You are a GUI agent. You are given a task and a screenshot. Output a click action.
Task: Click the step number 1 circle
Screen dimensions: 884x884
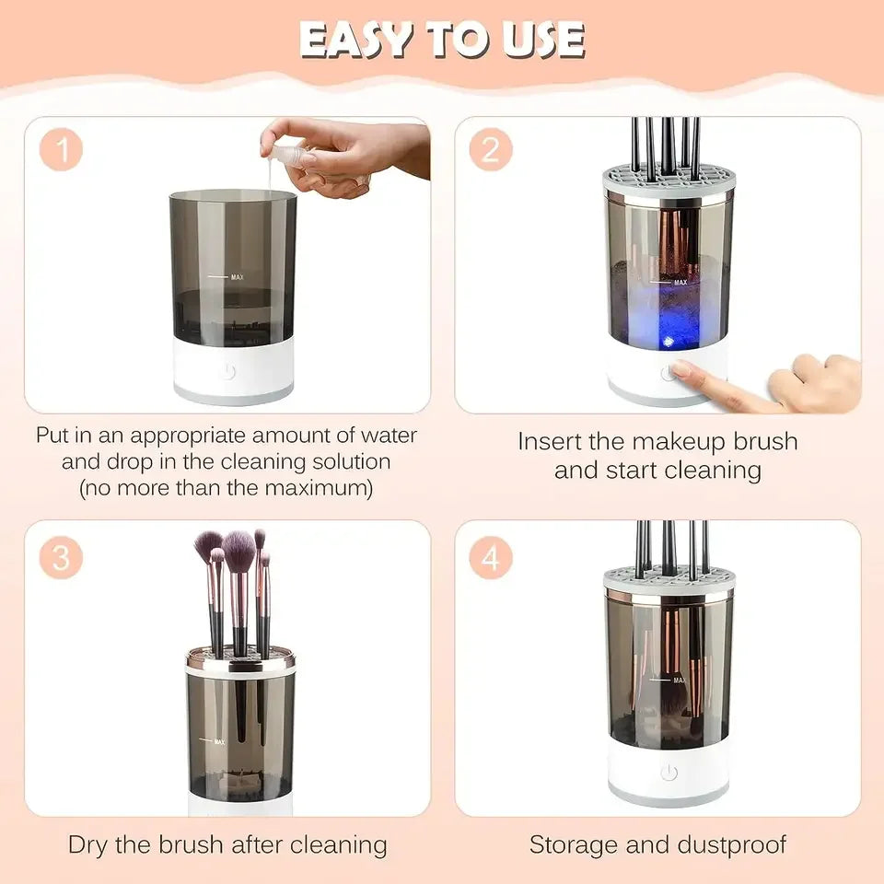[x=62, y=151]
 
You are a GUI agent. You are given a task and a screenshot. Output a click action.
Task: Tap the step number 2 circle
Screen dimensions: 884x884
[x=491, y=151]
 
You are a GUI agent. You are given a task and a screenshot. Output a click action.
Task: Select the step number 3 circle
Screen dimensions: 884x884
[x=62, y=558]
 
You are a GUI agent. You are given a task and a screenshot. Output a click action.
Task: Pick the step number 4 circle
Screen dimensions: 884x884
[x=491, y=558]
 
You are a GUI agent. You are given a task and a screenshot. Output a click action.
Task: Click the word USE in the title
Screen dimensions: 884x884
[x=543, y=40]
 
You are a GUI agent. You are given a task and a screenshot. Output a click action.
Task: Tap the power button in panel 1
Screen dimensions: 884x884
[x=228, y=371]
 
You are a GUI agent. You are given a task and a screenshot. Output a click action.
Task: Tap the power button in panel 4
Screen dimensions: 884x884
[x=669, y=773]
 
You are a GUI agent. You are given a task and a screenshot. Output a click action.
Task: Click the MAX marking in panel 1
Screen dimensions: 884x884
[x=237, y=275]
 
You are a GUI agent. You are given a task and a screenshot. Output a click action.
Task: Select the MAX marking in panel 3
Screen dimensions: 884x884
[x=218, y=741]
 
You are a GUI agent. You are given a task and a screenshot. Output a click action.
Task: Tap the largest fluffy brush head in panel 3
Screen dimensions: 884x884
[x=238, y=551]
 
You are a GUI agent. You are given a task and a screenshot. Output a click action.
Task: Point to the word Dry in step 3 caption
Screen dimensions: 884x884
[x=92, y=843]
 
